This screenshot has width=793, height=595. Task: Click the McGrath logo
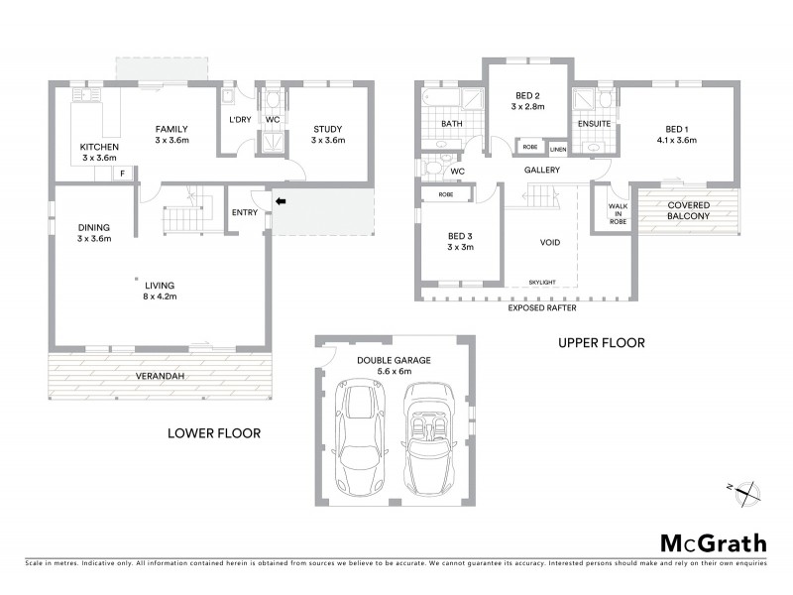point(713,543)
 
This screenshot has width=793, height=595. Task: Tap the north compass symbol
point(745,492)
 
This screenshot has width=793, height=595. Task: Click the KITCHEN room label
point(98,148)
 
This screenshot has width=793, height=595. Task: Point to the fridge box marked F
point(123,174)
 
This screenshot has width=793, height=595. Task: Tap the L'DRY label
point(239,120)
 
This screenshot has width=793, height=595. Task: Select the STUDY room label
point(327,129)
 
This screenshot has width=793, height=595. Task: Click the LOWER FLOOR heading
point(214,432)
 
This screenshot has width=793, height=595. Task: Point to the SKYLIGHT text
point(542,282)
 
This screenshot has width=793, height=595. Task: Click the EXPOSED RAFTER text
point(542,307)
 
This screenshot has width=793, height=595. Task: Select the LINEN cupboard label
point(558,149)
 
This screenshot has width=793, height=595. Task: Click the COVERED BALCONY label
point(688,209)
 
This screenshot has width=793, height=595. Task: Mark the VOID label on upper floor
point(550,242)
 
